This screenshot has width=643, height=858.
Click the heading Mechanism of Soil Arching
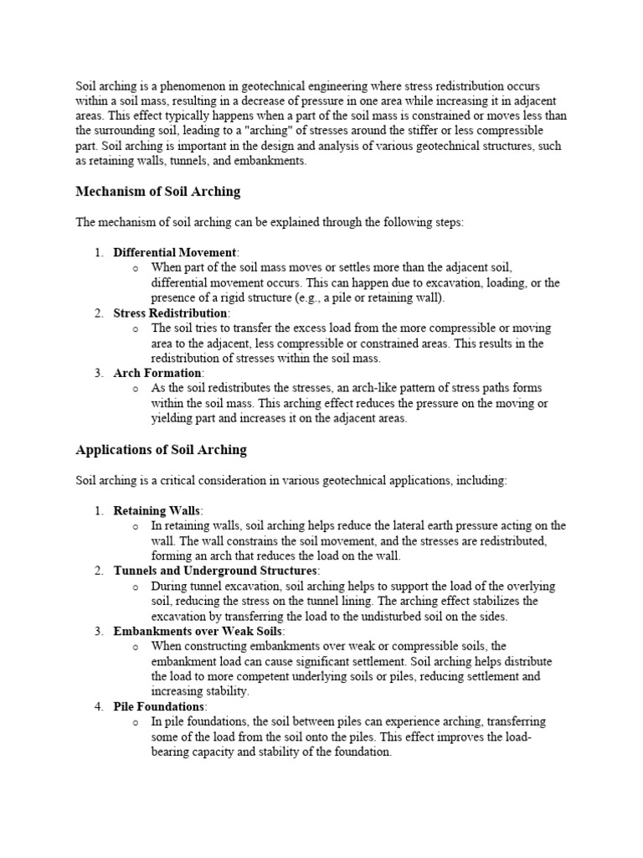tap(157, 192)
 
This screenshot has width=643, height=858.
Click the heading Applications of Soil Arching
tap(161, 450)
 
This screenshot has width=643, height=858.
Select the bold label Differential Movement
tap(175, 252)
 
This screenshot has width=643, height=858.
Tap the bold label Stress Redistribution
tap(171, 313)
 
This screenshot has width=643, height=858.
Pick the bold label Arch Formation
tap(157, 373)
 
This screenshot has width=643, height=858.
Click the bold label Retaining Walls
tap(157, 510)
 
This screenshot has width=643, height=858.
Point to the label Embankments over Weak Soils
tap(198, 631)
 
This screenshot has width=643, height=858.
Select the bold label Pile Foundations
tap(159, 706)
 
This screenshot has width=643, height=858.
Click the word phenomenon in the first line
tap(189, 86)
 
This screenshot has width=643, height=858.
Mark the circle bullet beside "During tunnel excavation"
tap(136, 587)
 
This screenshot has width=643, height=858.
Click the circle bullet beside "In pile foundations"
tap(136, 722)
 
